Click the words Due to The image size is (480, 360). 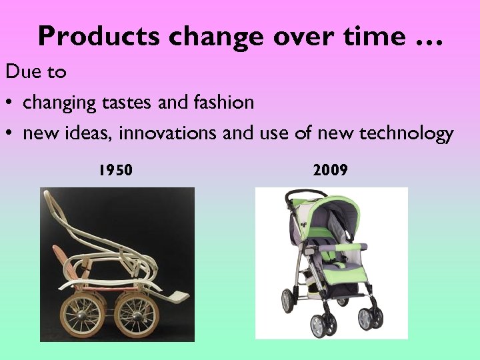[x=36, y=71]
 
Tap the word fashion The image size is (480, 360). [x=223, y=102]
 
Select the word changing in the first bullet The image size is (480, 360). [x=60, y=103]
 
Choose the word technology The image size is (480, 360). [x=406, y=134]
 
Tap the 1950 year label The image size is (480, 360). [x=115, y=171]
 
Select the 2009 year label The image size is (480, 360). [x=330, y=171]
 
